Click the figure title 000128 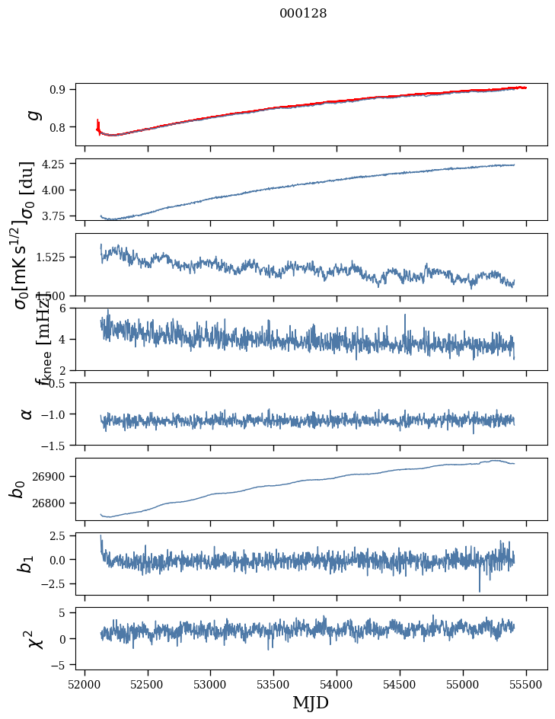click(303, 14)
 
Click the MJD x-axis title click(311, 702)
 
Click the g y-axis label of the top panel click(31, 114)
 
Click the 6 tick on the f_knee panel click(66, 308)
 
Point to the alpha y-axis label click(27, 414)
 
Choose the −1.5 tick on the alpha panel click(58, 445)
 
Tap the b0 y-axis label click(17, 488)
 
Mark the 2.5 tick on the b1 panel click(62, 537)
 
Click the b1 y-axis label click(27, 563)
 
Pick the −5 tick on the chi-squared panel click(62, 665)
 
